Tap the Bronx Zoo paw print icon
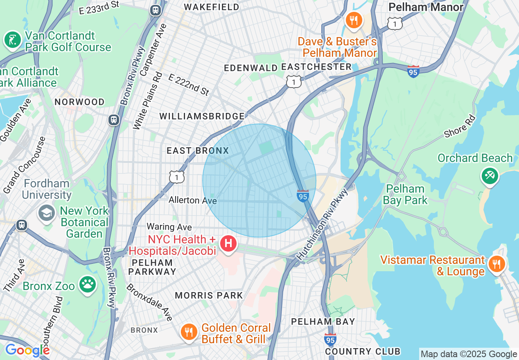point(88,284)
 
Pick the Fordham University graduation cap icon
point(47,213)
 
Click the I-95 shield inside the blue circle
point(302,196)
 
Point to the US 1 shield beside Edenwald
point(294,82)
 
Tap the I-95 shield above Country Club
point(330,339)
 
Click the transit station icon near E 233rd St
point(155,10)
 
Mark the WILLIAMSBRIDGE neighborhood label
point(202,116)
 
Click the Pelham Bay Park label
point(405,194)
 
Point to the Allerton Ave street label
point(193,200)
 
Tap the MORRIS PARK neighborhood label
point(209,295)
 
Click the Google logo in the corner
point(27,350)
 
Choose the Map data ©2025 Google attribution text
point(469,354)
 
